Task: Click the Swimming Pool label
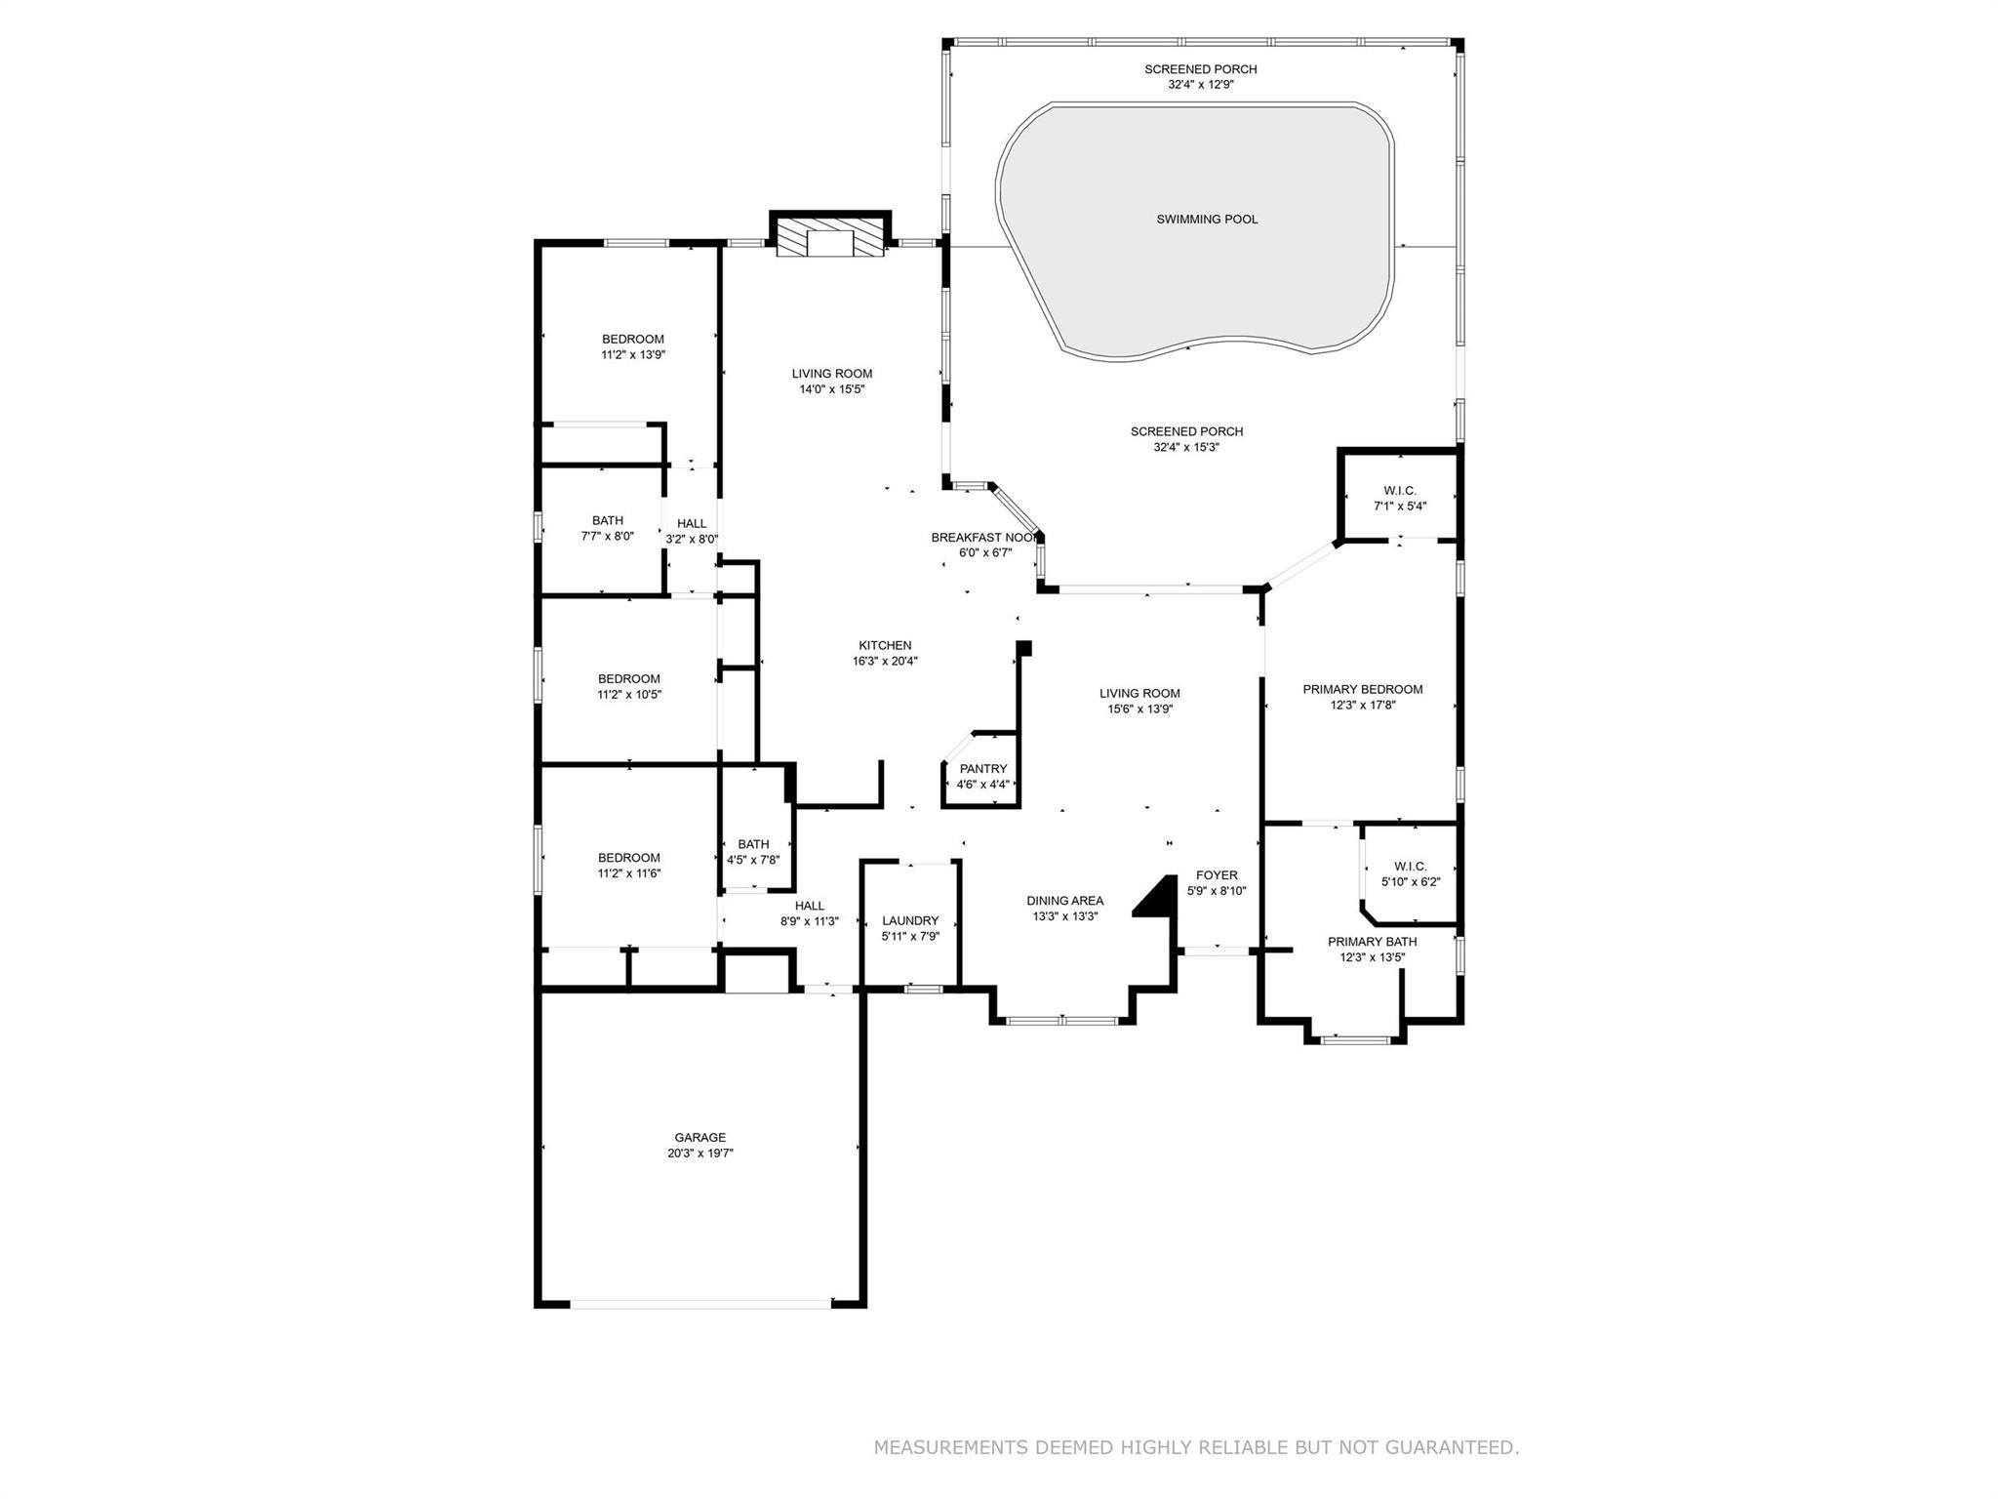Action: coord(1207,220)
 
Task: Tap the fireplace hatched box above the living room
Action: coord(830,238)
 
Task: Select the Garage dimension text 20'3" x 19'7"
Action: coord(699,1154)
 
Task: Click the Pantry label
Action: coord(982,769)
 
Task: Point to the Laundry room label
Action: coord(910,921)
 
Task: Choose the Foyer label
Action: coord(1217,875)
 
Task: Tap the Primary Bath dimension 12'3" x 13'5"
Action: coord(1372,957)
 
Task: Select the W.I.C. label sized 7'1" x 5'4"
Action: coord(1399,491)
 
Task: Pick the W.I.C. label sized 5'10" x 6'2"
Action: coord(1410,867)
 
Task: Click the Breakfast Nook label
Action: coord(983,538)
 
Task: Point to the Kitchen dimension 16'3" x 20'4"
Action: coord(885,661)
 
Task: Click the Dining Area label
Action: coord(1064,901)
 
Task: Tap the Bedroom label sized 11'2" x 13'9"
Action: coord(632,340)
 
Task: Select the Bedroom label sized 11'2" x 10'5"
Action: coord(628,679)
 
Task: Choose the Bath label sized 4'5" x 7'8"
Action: coord(753,844)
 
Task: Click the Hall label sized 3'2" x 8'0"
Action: coord(691,524)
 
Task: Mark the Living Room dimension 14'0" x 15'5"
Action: coord(832,389)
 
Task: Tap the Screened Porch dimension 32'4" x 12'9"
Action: coord(1201,85)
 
